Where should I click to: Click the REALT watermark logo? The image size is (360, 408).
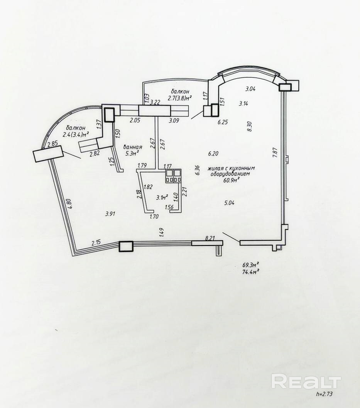coord(306,381)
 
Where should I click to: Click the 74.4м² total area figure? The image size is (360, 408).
coord(250,271)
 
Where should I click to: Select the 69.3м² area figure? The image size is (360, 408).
coord(250,265)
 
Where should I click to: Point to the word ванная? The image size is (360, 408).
coord(133,147)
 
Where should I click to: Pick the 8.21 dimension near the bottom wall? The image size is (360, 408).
coord(210,239)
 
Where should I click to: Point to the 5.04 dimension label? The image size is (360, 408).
coord(229,202)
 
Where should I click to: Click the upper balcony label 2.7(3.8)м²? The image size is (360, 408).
coord(180,98)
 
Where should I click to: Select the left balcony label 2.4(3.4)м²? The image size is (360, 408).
coord(76,134)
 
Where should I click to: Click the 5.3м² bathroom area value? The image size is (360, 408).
coord(132,153)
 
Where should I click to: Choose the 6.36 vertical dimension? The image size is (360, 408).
coord(197,170)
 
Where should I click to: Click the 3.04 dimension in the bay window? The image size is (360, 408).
coord(251,89)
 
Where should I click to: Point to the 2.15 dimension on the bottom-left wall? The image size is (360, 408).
coord(96,243)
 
